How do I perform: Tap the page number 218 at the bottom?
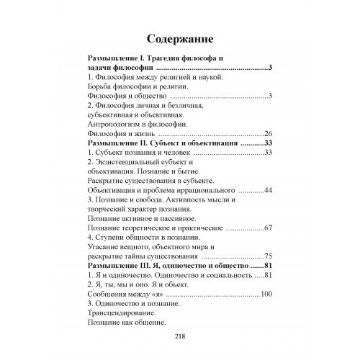click(179, 337)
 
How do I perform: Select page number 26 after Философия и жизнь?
click(268, 133)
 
